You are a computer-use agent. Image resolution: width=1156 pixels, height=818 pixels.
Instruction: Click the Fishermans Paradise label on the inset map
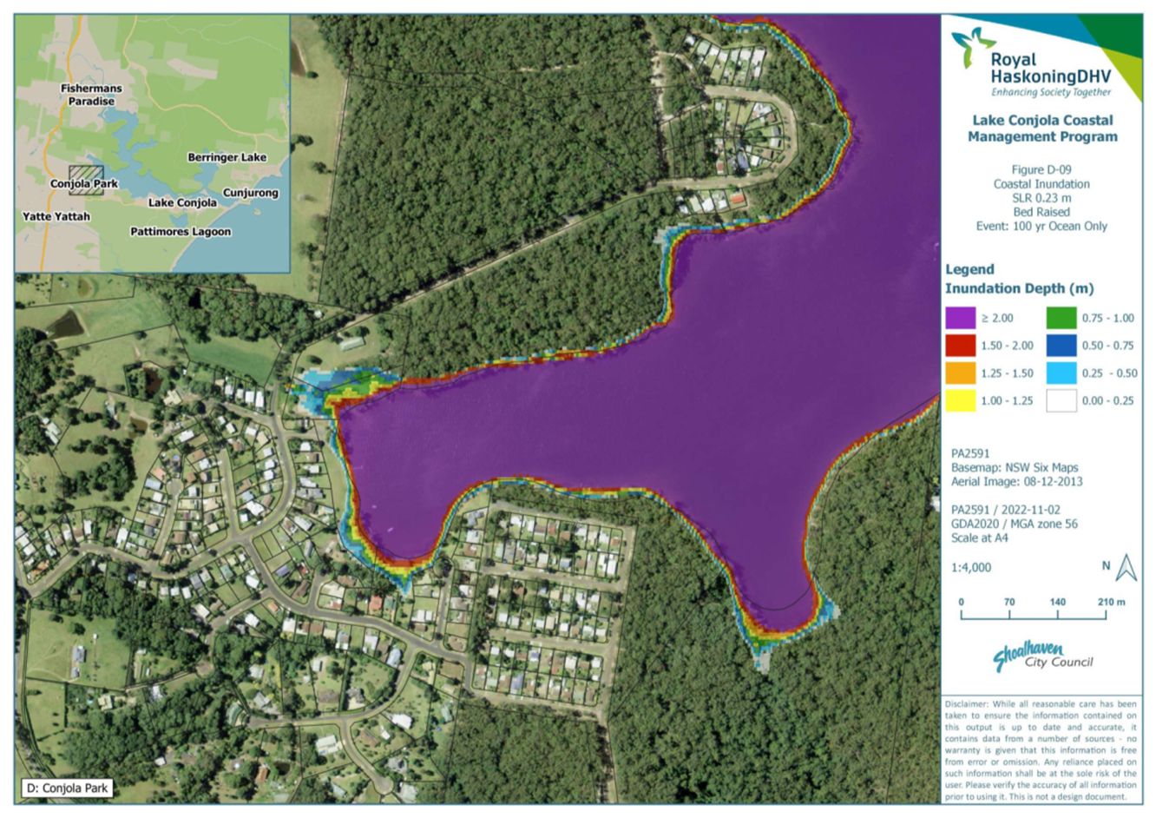pyautogui.click(x=91, y=95)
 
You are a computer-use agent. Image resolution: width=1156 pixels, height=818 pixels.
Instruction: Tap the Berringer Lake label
pyautogui.click(x=227, y=157)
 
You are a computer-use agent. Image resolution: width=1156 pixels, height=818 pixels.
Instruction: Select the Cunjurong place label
pyautogui.click(x=251, y=193)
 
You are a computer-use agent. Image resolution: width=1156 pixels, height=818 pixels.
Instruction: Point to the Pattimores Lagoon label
pyautogui.click(x=181, y=232)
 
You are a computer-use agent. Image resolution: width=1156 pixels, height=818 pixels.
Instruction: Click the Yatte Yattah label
pyautogui.click(x=56, y=216)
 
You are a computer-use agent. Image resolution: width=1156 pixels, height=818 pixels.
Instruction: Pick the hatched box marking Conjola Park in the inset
pyautogui.click(x=86, y=179)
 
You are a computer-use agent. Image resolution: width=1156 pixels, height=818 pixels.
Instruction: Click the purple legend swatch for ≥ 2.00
pyautogui.click(x=961, y=318)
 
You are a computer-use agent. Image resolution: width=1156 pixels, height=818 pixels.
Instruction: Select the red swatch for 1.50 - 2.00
pyautogui.click(x=961, y=346)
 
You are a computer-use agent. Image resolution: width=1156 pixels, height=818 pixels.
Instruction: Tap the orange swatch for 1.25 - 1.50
pyautogui.click(x=961, y=373)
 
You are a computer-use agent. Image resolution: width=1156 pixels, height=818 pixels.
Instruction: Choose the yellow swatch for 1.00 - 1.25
pyautogui.click(x=961, y=400)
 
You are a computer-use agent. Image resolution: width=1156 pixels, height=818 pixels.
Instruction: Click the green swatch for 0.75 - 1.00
pyautogui.click(x=1061, y=318)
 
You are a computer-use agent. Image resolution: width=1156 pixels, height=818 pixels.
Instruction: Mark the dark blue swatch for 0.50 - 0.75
pyautogui.click(x=1061, y=346)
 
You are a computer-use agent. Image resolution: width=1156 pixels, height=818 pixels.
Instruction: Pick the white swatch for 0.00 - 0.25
pyautogui.click(x=1061, y=400)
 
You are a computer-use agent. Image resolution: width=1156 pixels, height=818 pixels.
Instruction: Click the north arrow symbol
pyautogui.click(x=1126, y=568)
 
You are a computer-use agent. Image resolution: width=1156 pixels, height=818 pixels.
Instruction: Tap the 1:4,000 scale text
pyautogui.click(x=971, y=567)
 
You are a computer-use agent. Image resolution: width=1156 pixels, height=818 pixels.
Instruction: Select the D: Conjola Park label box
pyautogui.click(x=68, y=788)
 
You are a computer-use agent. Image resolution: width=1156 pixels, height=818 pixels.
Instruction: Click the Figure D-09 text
pyautogui.click(x=1041, y=170)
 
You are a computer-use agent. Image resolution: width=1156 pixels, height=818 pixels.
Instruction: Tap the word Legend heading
pyautogui.click(x=969, y=269)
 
